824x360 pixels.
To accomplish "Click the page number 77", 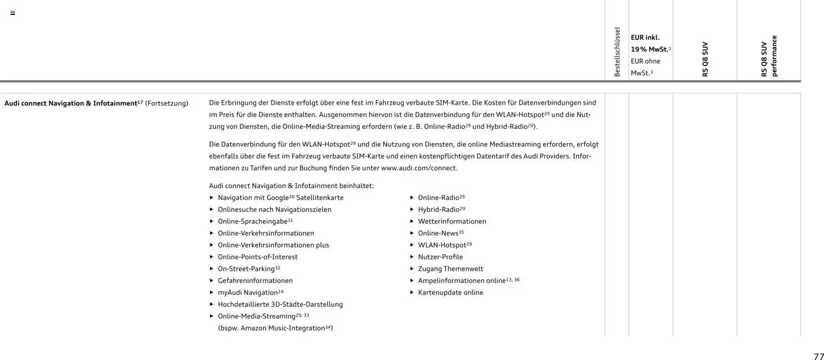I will coord(818,357).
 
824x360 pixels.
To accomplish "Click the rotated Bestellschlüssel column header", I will coord(617,52).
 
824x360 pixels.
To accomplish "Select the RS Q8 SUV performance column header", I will coord(768,56).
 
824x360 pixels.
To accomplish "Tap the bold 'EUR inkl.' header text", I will coord(645,38).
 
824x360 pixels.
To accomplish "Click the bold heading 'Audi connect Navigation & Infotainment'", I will coord(70,103).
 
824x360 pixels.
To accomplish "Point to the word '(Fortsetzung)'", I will coord(166,103).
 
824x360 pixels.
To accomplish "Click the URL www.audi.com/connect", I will coord(419,168).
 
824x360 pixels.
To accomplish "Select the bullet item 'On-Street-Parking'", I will coord(246,269).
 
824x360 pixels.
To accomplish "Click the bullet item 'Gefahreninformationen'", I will coord(255,281).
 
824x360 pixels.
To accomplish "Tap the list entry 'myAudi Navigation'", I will coord(248,292).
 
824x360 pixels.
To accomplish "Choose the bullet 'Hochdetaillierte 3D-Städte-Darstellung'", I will coord(280,305).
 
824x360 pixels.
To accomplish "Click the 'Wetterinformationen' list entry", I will coord(452,221).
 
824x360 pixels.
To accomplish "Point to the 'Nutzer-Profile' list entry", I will coord(440,257).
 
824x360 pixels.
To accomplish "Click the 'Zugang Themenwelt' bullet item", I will coord(450,269).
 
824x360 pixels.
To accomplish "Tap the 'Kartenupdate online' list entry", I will coord(450,292).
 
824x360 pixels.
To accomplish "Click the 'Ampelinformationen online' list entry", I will coord(461,281).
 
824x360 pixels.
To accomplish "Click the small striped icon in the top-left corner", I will coord(13,13).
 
